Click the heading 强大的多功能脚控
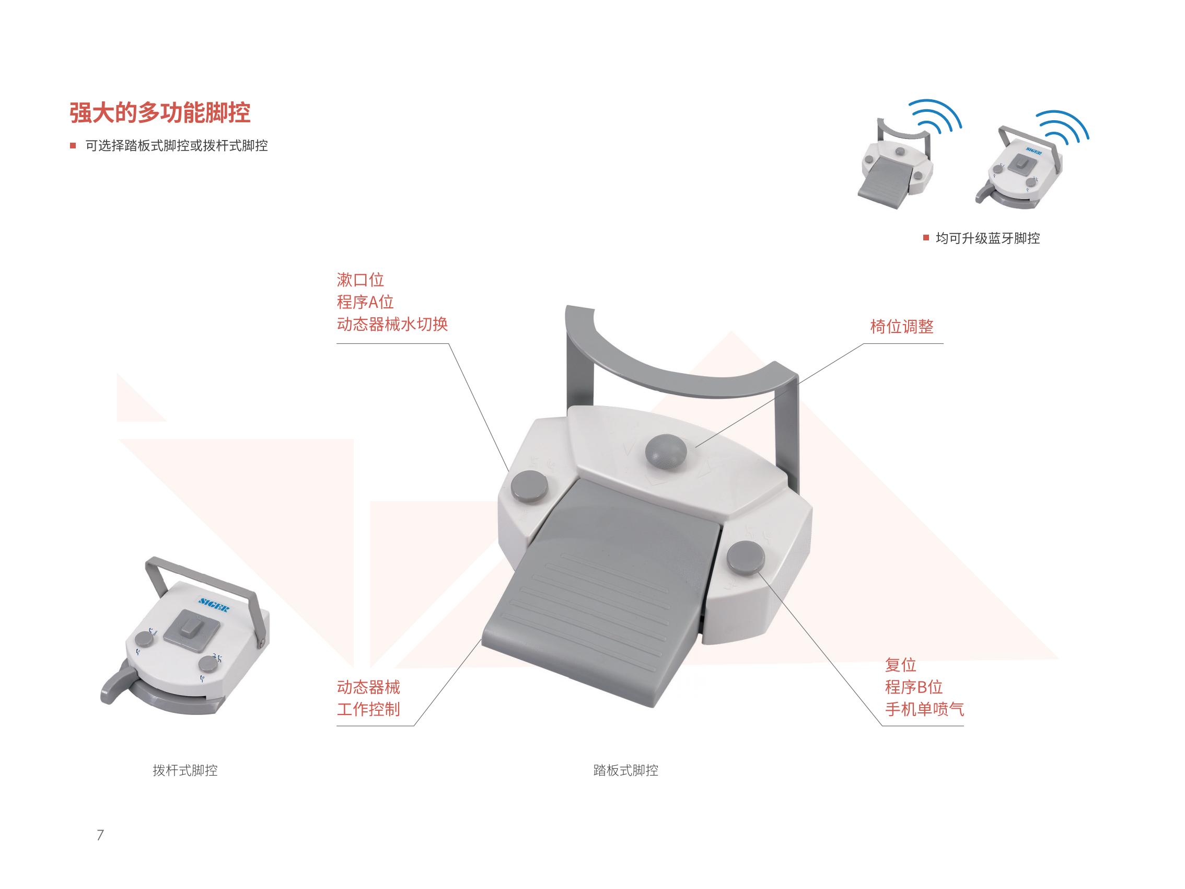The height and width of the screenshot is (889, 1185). (160, 112)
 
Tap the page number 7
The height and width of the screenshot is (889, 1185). (100, 834)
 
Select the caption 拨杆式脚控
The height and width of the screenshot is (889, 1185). (185, 770)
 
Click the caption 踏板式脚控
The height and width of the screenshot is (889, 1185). (626, 770)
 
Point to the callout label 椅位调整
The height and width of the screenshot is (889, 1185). (902, 326)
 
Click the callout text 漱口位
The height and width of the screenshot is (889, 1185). (360, 280)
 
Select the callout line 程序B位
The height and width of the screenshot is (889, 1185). (913, 687)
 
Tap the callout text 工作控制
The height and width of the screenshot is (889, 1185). (368, 709)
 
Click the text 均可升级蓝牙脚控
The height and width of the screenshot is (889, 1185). (988, 238)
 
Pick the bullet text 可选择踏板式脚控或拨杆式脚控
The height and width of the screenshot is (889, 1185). (177, 146)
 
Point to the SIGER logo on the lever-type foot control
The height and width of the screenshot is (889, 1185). (213, 605)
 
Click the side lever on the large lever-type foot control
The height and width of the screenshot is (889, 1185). (118, 683)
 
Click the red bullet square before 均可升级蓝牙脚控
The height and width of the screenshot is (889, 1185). (926, 238)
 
